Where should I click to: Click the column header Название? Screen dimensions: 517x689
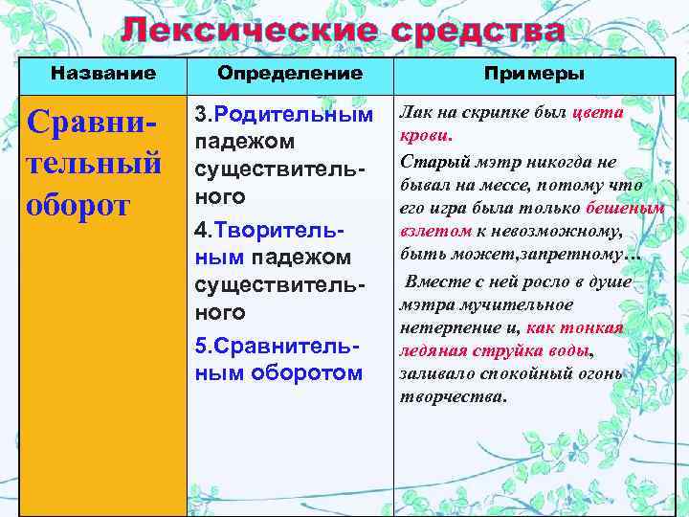(x=102, y=73)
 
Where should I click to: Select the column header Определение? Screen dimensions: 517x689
(x=290, y=73)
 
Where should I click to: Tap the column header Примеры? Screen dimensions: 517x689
(x=535, y=74)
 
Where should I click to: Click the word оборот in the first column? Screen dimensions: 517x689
(x=78, y=206)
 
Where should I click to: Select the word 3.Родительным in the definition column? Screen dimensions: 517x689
(x=284, y=115)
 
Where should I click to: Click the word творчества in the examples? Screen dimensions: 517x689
(x=452, y=396)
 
